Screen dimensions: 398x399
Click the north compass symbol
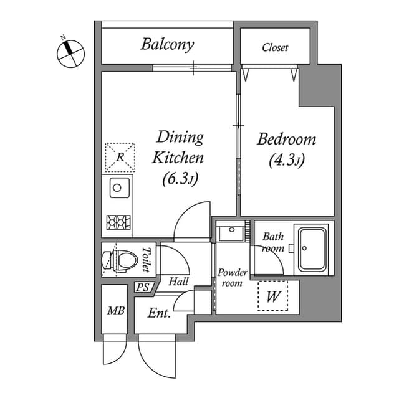click(x=70, y=52)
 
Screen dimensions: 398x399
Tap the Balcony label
click(x=166, y=44)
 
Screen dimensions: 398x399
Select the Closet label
click(x=275, y=47)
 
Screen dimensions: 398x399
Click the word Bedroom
click(x=286, y=139)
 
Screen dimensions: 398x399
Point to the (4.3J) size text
click(x=286, y=161)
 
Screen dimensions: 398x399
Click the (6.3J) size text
click(x=180, y=179)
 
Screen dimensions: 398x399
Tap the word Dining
click(x=180, y=136)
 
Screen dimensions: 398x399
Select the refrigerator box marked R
click(x=120, y=156)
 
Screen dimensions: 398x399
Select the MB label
click(x=114, y=310)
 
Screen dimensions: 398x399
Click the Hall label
click(x=178, y=282)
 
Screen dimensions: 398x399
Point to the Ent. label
click(x=159, y=313)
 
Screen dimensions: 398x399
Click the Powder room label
click(x=232, y=278)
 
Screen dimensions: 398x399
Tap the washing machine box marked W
click(x=273, y=296)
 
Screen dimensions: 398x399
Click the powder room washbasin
click(x=232, y=234)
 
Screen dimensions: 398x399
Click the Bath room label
click(x=272, y=242)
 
